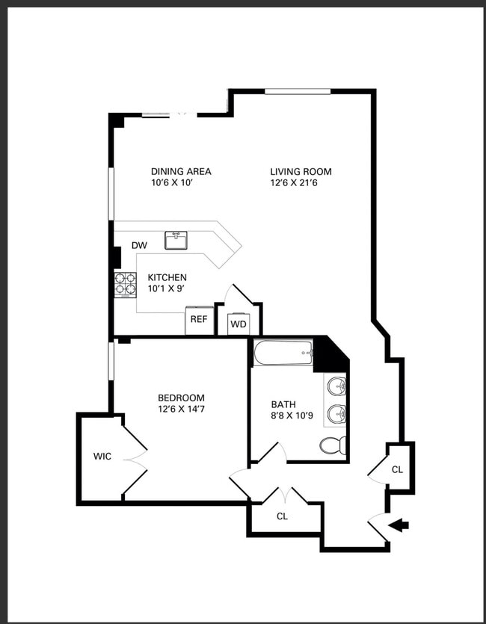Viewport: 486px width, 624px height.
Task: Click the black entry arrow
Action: point(398,525)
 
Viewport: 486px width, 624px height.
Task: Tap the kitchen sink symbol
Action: point(176,241)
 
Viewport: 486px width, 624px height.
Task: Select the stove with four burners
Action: point(126,285)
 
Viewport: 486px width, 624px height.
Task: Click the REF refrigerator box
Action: point(200,321)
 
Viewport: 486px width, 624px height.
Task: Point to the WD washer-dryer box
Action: point(239,324)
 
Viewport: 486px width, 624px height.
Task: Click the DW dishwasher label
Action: point(139,246)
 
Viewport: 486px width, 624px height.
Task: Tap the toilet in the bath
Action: point(333,445)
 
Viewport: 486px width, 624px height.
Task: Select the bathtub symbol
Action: point(283,352)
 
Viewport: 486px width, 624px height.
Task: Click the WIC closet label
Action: point(102,457)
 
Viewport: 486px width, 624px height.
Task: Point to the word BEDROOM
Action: point(182,398)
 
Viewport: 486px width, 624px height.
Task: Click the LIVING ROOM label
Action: point(301,172)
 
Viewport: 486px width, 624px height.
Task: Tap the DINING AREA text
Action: point(181,172)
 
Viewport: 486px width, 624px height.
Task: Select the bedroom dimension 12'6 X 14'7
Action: point(182,409)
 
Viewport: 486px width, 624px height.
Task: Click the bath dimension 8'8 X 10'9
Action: point(292,416)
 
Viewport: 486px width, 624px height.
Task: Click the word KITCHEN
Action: point(167,277)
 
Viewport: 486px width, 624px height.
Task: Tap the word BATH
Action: point(283,405)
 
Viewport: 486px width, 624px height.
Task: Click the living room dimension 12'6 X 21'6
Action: point(295,183)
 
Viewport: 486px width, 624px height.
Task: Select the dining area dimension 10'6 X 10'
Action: point(172,183)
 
